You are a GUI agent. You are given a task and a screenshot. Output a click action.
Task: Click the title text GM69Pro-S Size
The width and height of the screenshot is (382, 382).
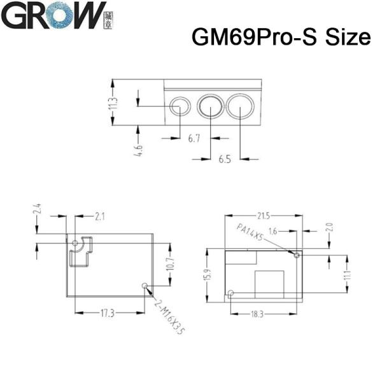(x=280, y=36)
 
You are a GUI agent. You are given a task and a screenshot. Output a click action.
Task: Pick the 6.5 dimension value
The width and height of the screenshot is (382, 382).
(x=224, y=160)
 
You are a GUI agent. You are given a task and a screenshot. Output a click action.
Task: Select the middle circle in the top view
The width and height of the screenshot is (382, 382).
(x=209, y=106)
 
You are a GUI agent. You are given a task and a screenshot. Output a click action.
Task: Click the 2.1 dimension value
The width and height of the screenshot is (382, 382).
(x=99, y=217)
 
